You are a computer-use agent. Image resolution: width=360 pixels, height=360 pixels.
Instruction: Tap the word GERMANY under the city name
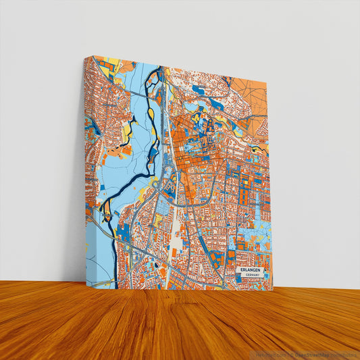(253, 276)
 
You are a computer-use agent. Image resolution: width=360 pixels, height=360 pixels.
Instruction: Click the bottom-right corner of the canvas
(272, 290)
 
